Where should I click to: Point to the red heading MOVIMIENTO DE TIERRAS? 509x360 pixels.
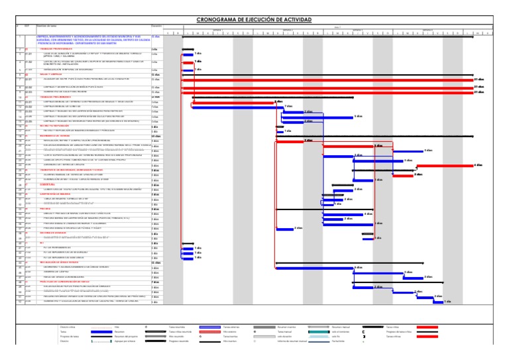56,135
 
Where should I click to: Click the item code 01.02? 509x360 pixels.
28,62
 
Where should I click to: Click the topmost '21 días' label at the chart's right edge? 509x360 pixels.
498,78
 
